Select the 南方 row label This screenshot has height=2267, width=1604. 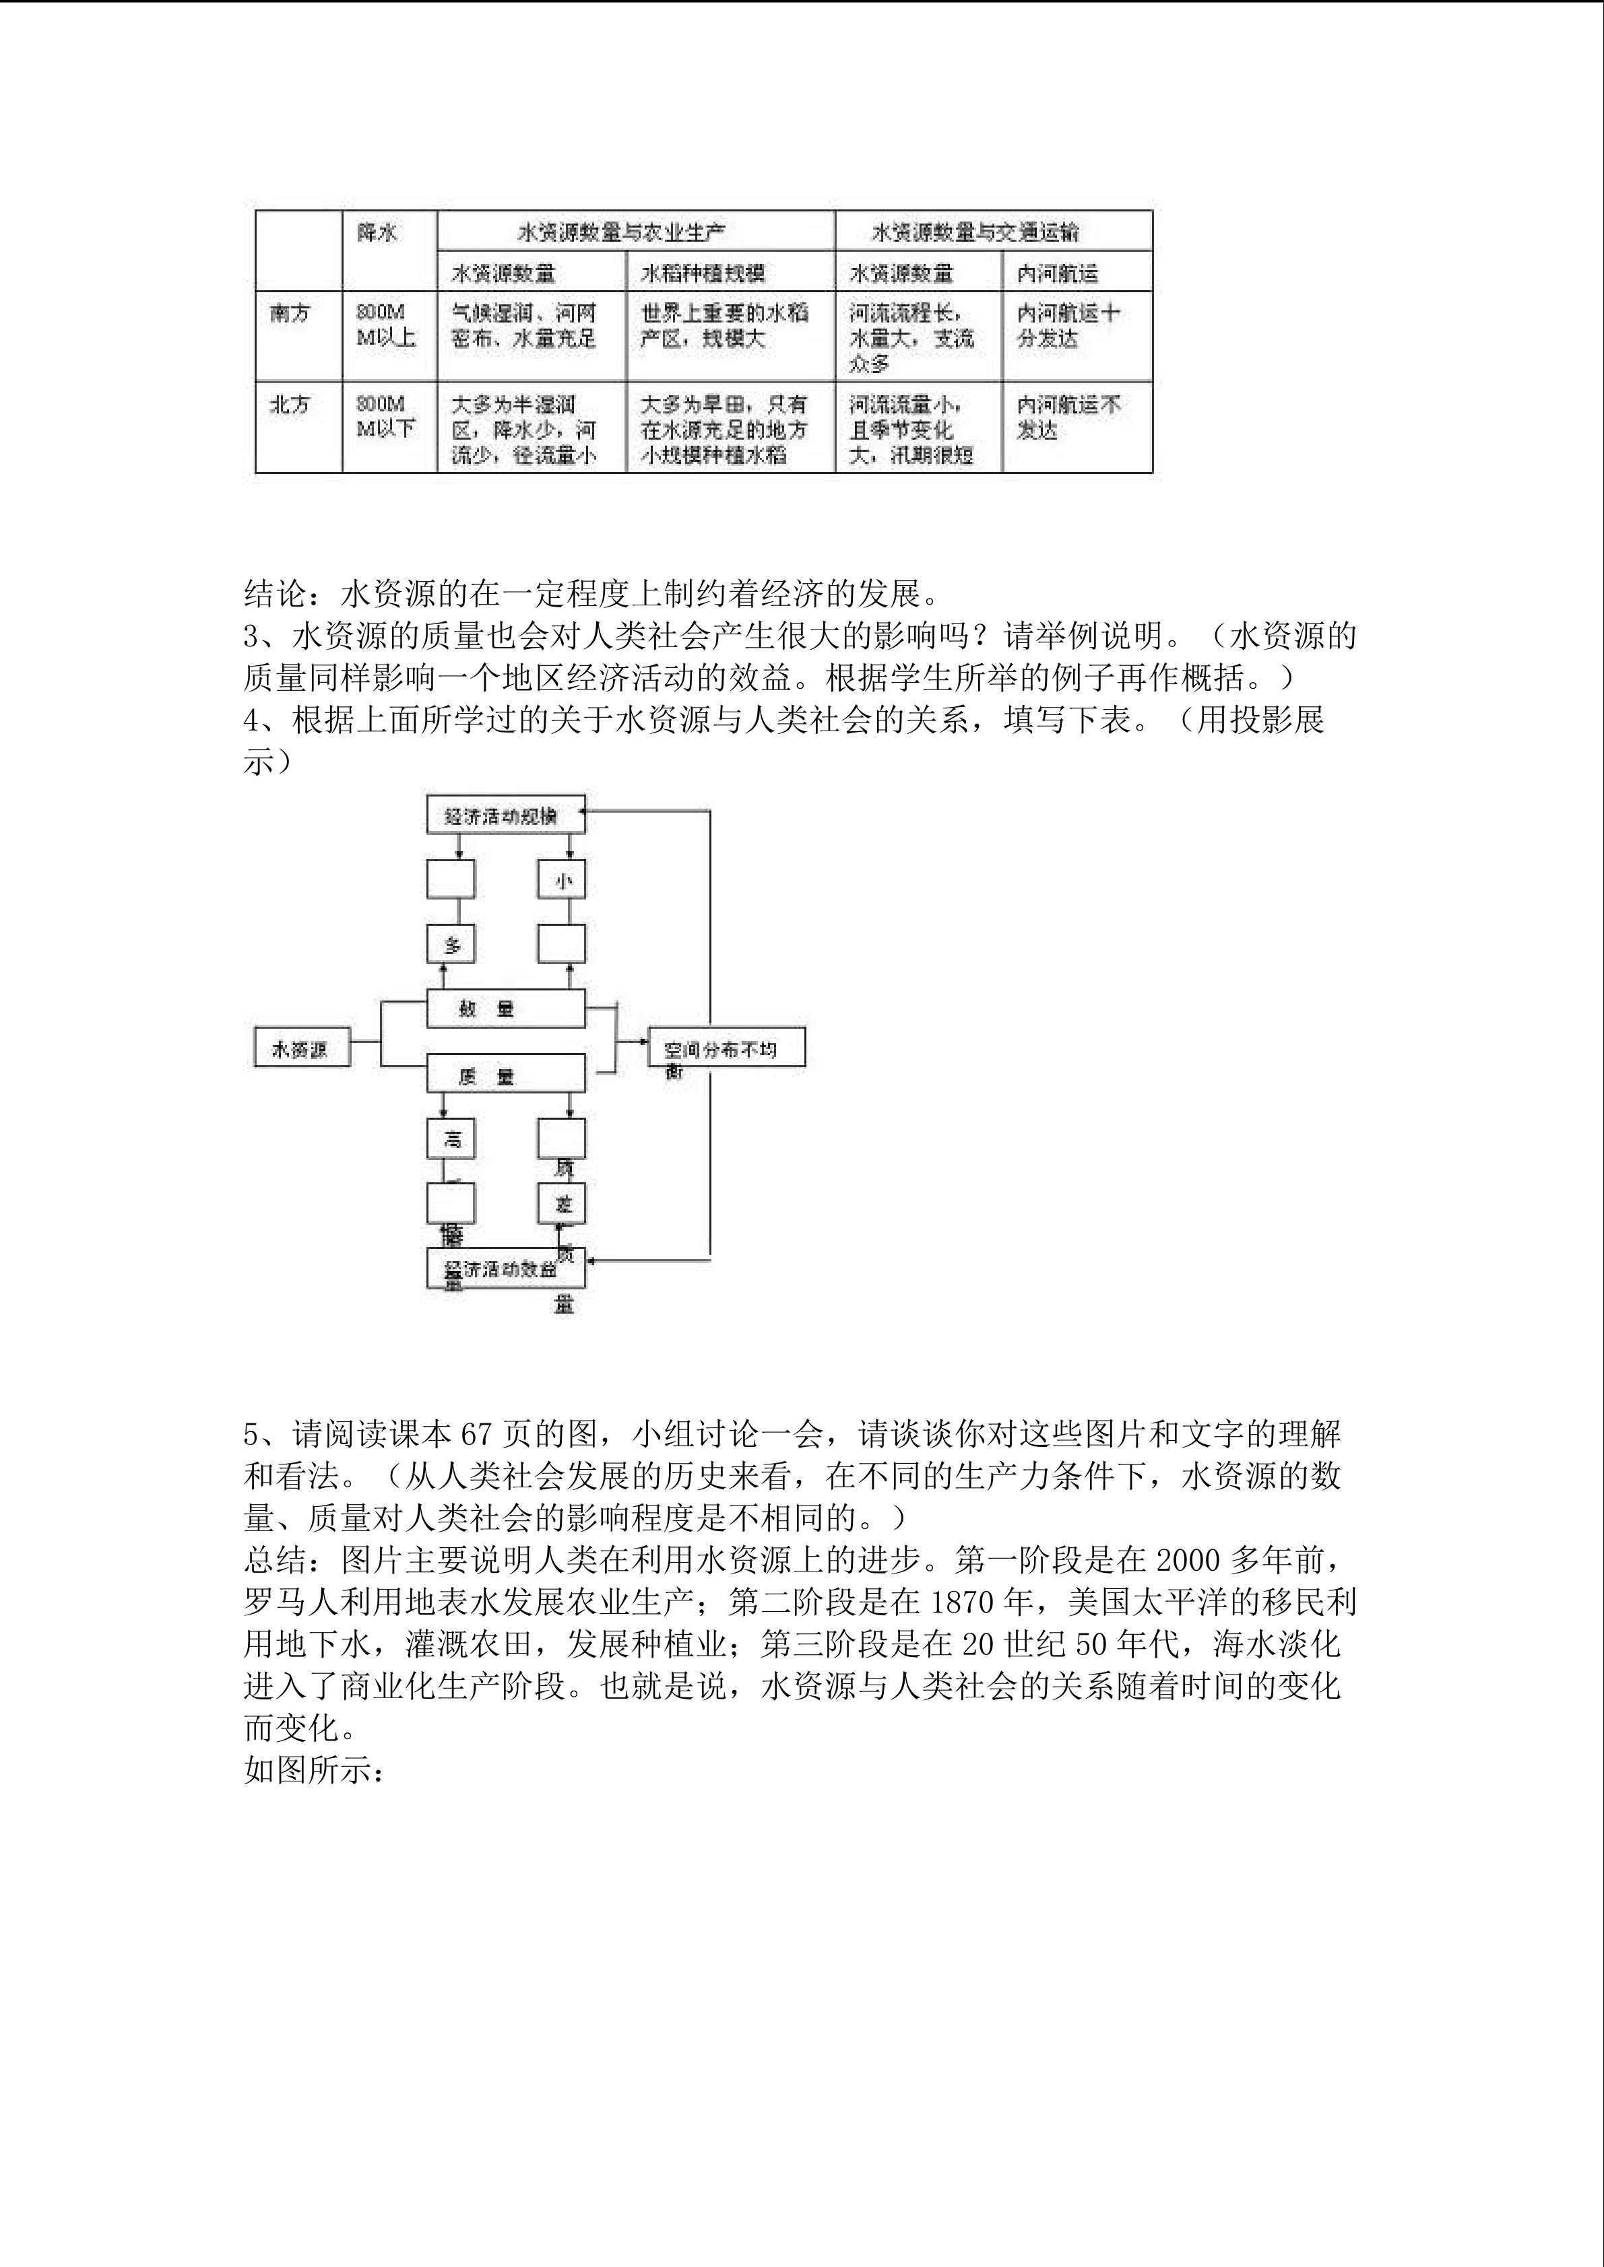pos(290,314)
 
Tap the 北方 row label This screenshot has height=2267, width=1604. pos(290,405)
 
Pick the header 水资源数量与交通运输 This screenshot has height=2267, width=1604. pos(975,233)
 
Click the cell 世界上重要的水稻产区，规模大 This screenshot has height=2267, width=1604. pos(724,326)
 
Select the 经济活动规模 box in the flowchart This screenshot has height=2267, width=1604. pos(505,815)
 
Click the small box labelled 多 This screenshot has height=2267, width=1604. pos(451,945)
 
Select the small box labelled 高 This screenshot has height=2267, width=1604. pos(451,1139)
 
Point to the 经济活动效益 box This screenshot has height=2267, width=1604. pos(505,1268)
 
